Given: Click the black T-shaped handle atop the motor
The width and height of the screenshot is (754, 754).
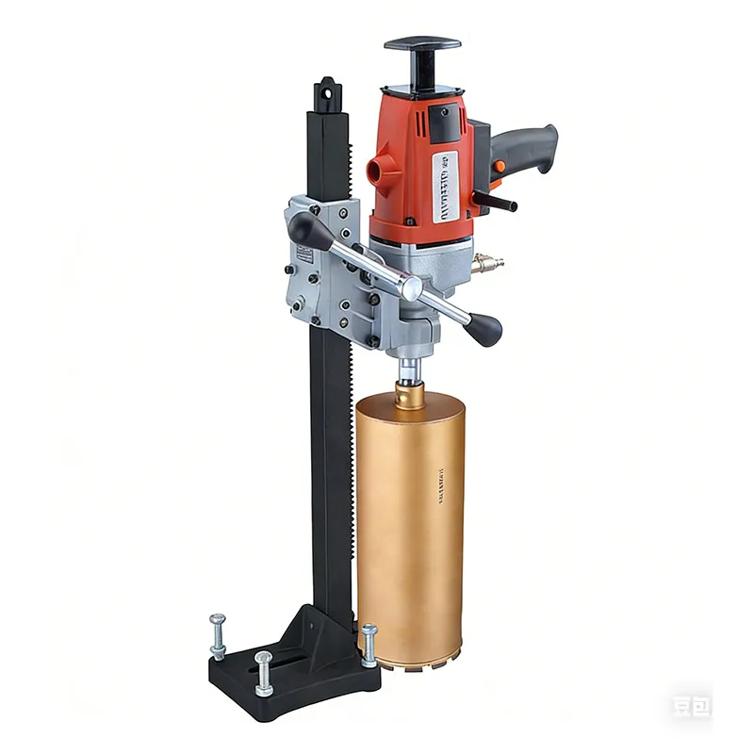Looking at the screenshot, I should point(422,45).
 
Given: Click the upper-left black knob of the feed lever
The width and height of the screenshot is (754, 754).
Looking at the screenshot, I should point(307,231).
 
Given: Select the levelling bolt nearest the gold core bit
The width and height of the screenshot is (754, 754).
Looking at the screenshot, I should point(369,642).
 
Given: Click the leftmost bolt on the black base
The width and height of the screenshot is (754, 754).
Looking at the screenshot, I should point(217,630).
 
